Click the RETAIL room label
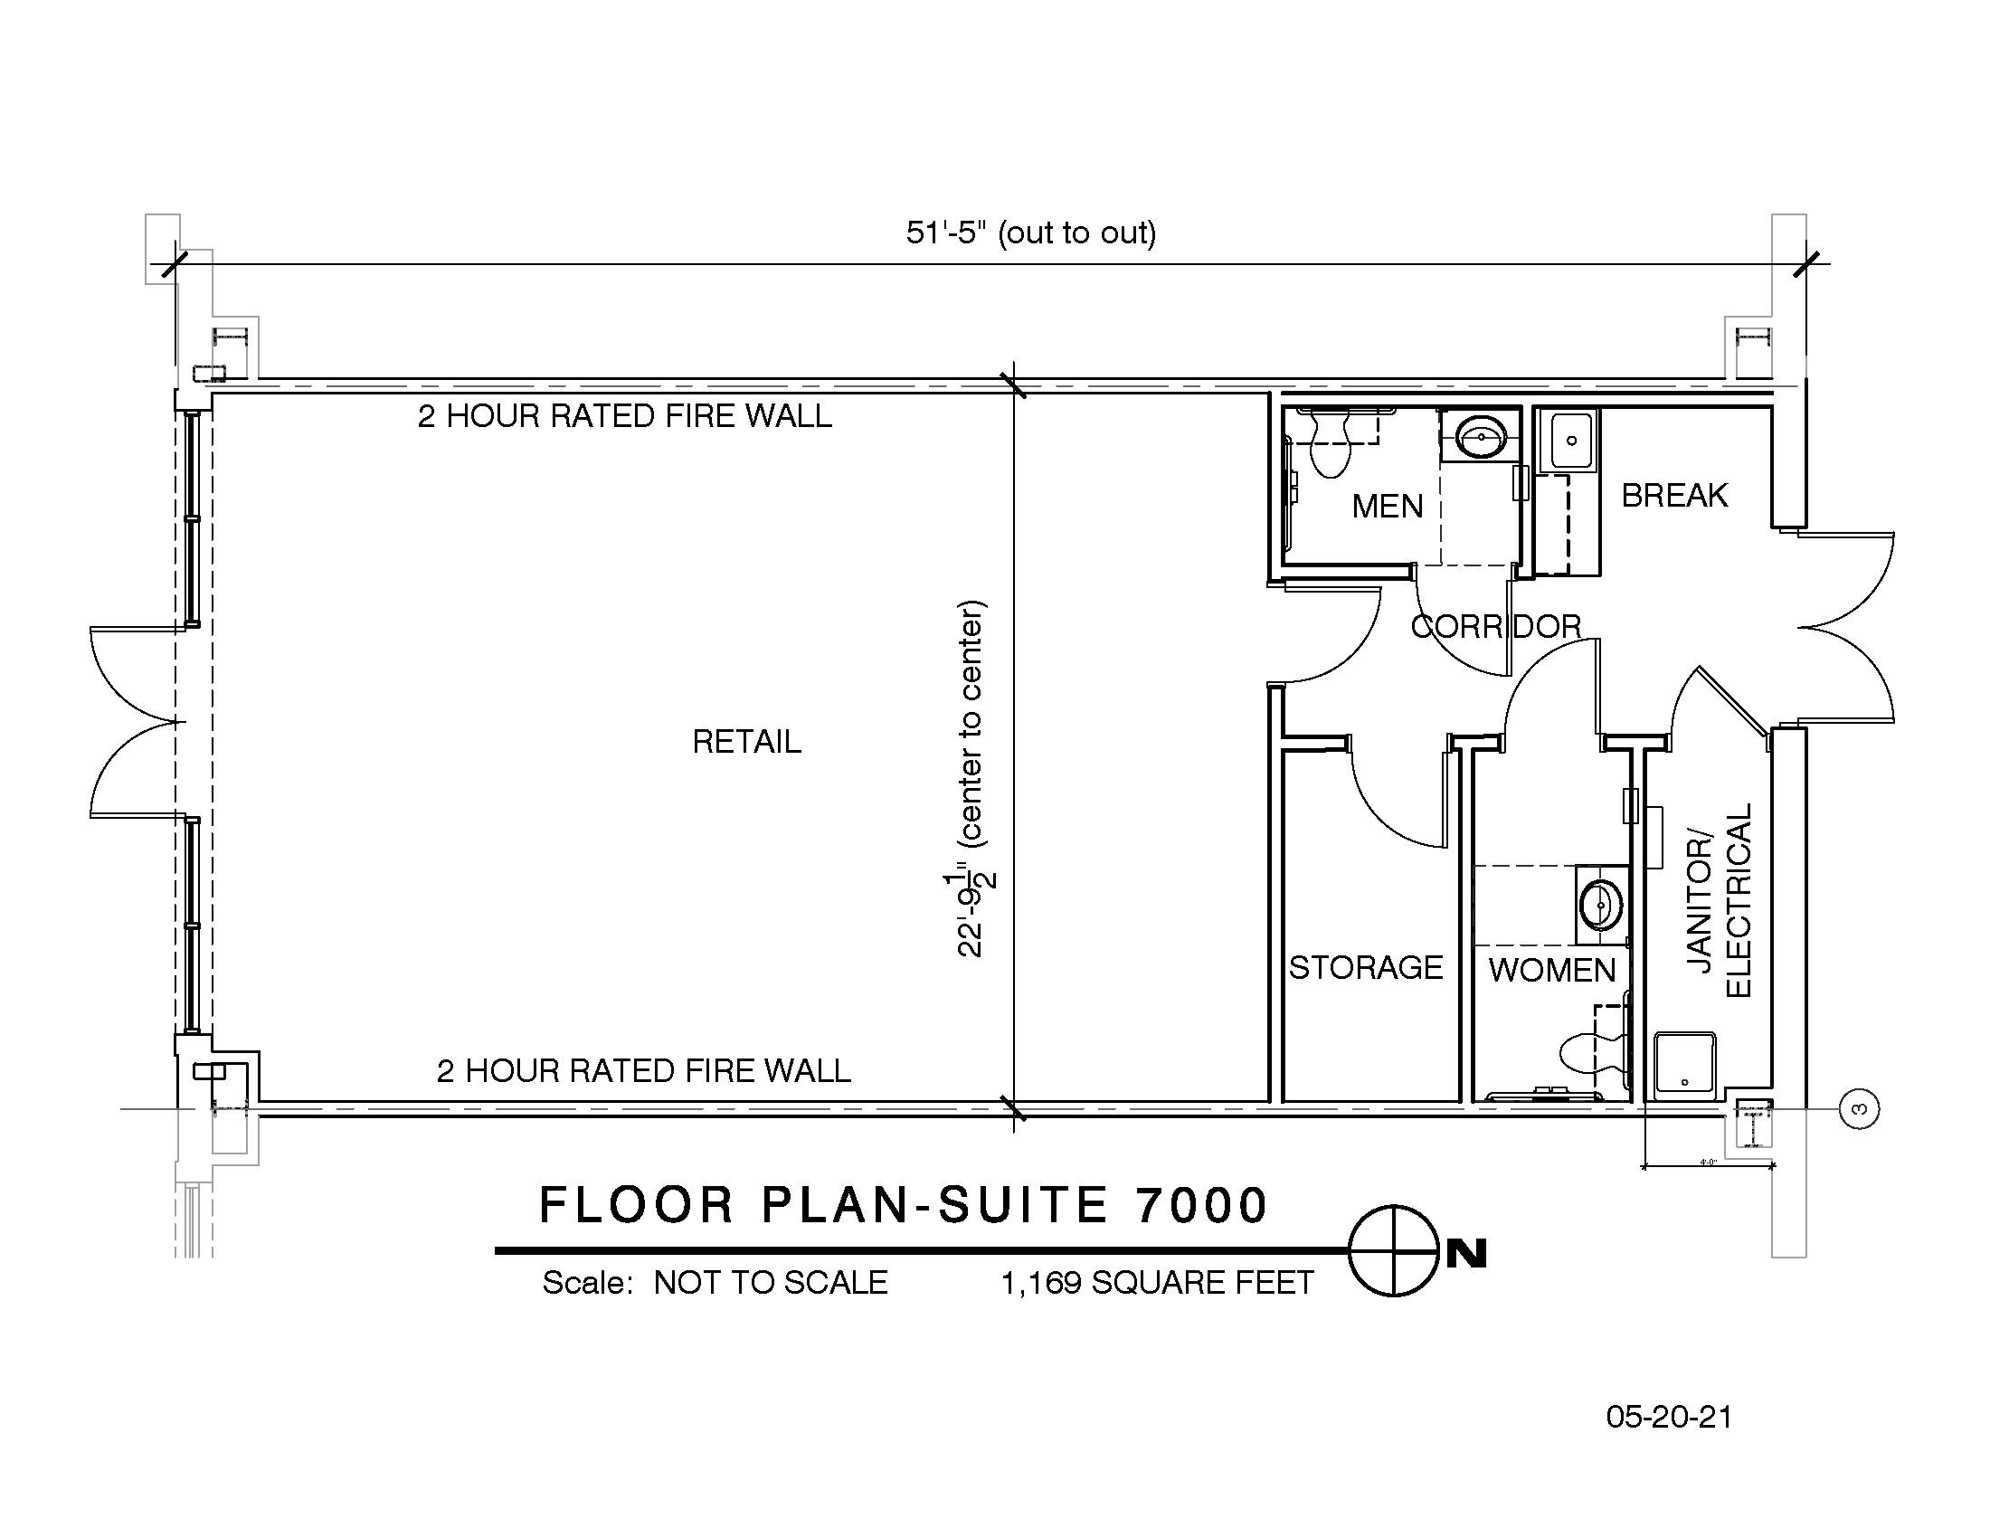click(x=746, y=742)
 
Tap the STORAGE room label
click(x=1366, y=968)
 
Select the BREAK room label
click(x=1674, y=496)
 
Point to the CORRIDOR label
click(x=1495, y=627)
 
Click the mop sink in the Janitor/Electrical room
click(x=1685, y=1062)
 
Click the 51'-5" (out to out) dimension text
click(x=1030, y=233)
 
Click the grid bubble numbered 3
click(x=1860, y=1110)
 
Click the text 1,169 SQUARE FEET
click(x=1157, y=1283)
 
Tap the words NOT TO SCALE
click(x=771, y=1283)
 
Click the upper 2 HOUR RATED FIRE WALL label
click(x=625, y=416)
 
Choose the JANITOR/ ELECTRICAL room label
click(x=1720, y=901)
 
